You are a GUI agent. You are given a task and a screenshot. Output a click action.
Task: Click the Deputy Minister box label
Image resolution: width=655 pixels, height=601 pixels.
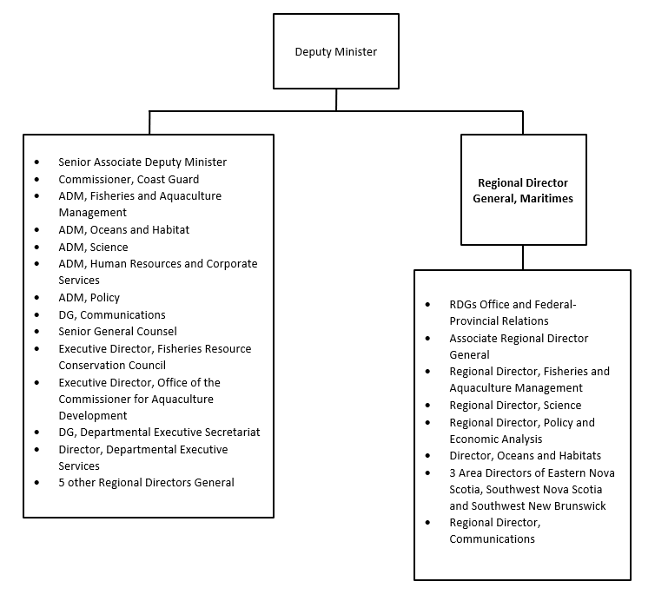tap(336, 52)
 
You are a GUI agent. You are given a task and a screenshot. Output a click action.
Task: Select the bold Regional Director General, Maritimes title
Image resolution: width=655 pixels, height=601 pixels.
tap(523, 190)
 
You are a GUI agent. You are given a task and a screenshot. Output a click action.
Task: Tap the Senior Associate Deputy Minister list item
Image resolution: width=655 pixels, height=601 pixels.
tap(142, 162)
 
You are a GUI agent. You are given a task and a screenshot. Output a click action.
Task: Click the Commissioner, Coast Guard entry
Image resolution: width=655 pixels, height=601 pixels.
tap(129, 179)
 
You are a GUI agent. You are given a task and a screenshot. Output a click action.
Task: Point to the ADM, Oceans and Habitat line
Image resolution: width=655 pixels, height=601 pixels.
tap(123, 229)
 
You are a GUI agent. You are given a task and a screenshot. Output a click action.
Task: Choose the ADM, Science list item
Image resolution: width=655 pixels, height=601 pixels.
tap(93, 248)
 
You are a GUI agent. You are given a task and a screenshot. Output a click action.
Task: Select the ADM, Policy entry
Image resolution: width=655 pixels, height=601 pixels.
tap(89, 298)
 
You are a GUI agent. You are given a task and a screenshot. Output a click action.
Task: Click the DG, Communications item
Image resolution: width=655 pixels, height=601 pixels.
tap(112, 315)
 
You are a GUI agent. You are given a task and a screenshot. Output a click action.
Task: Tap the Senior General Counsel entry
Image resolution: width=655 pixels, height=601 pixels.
tap(117, 332)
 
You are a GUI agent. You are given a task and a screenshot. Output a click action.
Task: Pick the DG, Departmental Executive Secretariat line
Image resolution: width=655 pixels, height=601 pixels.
tap(159, 433)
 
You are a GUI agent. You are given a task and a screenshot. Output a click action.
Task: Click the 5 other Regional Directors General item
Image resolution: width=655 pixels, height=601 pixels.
tap(146, 483)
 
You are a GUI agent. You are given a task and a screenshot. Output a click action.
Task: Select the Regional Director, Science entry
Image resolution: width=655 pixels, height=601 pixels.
tap(515, 406)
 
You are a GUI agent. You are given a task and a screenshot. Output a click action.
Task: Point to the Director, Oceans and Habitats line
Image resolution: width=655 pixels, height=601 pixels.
tap(525, 456)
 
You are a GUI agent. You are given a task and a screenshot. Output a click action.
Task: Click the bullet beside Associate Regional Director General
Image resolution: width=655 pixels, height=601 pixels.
tap(427, 339)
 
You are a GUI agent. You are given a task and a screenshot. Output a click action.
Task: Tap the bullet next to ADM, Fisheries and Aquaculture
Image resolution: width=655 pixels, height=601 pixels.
tap(36, 196)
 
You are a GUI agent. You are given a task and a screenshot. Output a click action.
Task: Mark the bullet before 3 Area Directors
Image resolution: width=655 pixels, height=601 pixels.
tap(427, 473)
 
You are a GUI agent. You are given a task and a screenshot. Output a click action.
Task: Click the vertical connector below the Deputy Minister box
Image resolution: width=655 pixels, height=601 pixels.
tap(336, 100)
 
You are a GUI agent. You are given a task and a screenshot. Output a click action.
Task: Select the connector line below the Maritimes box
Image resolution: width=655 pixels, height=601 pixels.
tap(523, 258)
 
